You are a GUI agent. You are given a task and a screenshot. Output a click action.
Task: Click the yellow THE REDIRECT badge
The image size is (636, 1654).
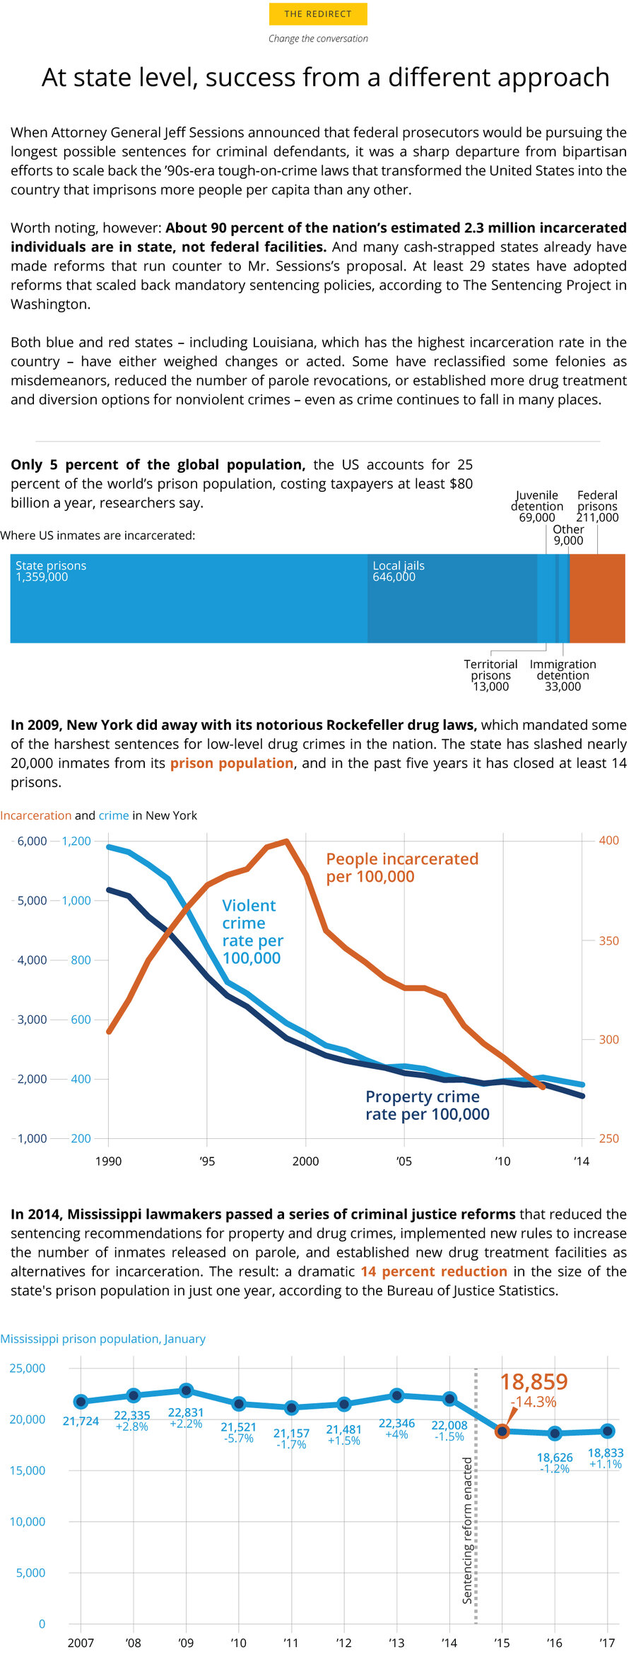[x=318, y=14]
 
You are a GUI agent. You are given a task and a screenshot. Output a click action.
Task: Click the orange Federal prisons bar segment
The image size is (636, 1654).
[x=597, y=598]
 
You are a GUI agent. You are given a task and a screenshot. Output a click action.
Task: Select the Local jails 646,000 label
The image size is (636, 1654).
[x=399, y=572]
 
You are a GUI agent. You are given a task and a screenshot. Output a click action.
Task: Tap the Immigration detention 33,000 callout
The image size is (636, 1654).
[x=563, y=675]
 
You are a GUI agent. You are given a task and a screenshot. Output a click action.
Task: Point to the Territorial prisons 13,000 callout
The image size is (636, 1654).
[x=490, y=675]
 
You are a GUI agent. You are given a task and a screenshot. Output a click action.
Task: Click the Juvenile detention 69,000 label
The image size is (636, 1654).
[x=537, y=506]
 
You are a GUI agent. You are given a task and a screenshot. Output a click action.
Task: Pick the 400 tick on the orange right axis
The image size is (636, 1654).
[x=608, y=841]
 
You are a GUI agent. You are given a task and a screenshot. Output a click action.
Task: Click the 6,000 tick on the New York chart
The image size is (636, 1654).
[x=32, y=841]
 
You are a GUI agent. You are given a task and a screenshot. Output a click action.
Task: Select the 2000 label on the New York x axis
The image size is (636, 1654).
[x=305, y=1161]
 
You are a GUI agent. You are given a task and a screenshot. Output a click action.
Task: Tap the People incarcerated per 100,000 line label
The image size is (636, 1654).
[x=402, y=868]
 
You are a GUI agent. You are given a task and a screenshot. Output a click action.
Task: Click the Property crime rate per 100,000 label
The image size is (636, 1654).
[x=427, y=1105]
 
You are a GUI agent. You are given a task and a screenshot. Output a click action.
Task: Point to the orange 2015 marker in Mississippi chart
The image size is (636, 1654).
[x=502, y=1431]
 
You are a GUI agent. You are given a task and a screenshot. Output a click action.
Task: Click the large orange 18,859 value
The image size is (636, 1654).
[x=534, y=1382]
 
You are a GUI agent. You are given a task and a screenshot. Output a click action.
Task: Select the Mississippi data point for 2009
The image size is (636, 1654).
[x=186, y=1390]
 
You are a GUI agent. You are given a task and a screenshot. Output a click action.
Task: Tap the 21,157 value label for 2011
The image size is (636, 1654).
[x=291, y=1434]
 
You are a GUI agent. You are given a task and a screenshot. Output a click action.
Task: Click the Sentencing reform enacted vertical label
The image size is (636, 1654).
[x=467, y=1530]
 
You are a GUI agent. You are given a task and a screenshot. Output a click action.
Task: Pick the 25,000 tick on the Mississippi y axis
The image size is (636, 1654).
[x=27, y=1369]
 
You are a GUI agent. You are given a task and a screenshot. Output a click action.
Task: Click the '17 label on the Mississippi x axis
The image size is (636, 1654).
[x=607, y=1643]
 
